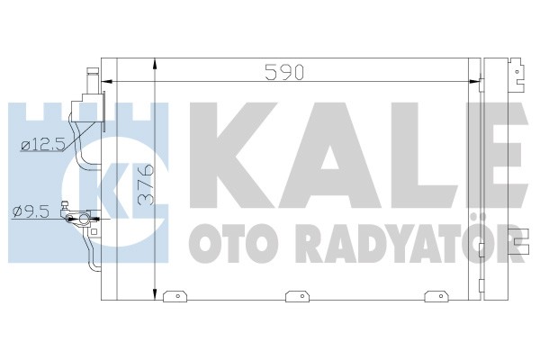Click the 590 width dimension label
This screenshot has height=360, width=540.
point(284,72)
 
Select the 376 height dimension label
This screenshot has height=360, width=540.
point(146,185)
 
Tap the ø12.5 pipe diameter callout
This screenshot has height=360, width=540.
point(43,146)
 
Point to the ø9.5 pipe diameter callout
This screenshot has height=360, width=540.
point(31,211)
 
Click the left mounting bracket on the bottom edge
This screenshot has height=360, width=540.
point(175,296)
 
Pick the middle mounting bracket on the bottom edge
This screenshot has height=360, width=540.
point(298,296)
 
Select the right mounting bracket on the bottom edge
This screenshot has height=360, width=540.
point(436,296)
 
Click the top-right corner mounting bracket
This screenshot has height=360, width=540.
point(517,75)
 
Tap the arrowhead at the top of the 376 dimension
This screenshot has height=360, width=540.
point(156,64)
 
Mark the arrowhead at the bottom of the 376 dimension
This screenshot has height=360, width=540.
point(156,294)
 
